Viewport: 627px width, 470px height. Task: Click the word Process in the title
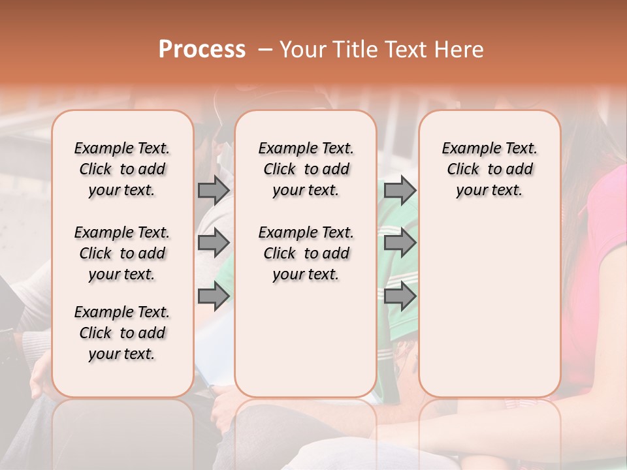tap(202, 49)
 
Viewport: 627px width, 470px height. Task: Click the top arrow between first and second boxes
tap(214, 190)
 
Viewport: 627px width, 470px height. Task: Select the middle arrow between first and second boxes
tap(214, 243)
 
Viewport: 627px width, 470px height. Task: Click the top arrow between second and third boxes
tap(400, 190)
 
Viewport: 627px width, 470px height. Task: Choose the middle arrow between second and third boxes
tap(400, 243)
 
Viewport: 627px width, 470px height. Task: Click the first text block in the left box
tap(122, 169)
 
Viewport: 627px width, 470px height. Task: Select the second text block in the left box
tap(122, 253)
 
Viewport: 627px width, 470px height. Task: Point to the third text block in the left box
tap(122, 333)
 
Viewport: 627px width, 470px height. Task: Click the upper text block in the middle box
tap(306, 169)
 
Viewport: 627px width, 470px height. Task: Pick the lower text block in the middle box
tap(306, 253)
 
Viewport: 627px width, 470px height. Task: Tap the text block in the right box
tap(489, 169)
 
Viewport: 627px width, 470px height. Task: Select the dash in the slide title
tap(265, 49)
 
